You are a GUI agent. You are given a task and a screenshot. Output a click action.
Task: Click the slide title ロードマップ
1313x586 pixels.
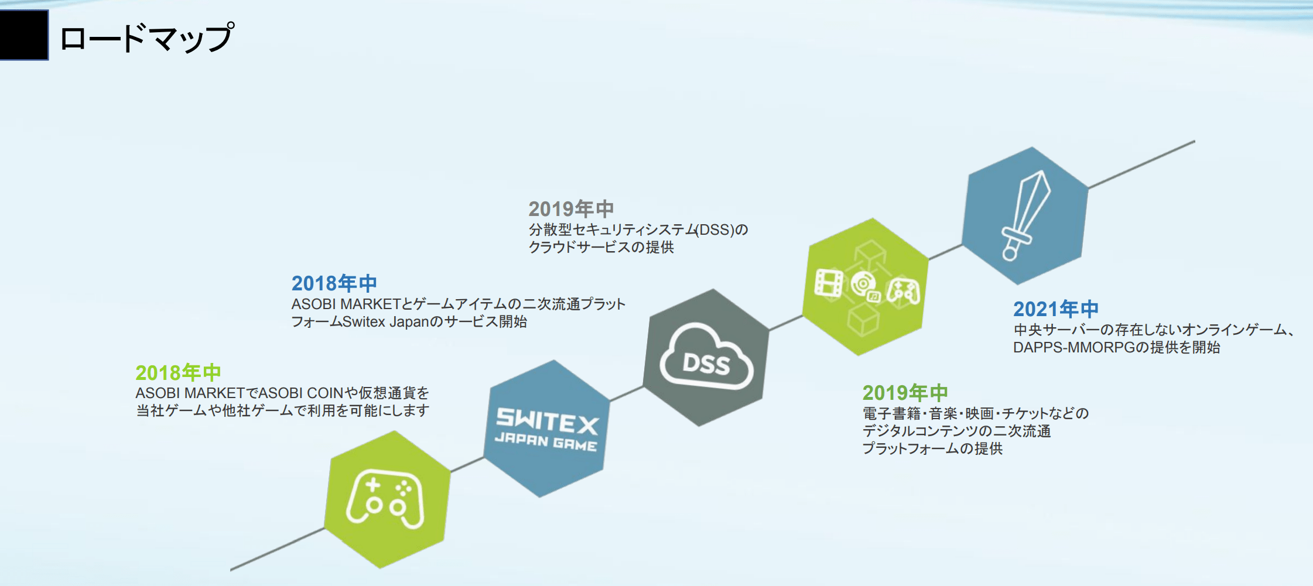click(147, 37)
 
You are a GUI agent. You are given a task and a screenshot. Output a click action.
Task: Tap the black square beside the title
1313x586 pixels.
click(24, 35)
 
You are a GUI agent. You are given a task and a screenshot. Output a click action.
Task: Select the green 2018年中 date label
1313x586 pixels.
click(178, 372)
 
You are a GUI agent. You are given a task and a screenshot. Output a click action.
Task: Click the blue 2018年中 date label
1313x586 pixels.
click(334, 283)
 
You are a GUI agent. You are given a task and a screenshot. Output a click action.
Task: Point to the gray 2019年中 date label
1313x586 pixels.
click(571, 208)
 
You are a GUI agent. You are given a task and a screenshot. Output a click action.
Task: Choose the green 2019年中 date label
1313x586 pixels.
click(905, 392)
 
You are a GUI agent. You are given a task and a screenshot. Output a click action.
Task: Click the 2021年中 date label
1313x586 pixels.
click(1056, 309)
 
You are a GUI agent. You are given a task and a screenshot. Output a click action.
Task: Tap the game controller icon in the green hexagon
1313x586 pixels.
click(385, 499)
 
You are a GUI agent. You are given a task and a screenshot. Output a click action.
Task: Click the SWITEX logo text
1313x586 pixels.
click(547, 421)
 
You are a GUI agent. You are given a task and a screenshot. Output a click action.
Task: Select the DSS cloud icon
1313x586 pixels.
click(706, 357)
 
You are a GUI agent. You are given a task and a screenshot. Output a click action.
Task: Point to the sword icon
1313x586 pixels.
click(1025, 215)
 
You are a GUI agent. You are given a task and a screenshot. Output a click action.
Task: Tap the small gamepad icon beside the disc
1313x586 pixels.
click(903, 292)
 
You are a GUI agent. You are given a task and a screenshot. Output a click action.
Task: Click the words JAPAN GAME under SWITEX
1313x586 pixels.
click(546, 442)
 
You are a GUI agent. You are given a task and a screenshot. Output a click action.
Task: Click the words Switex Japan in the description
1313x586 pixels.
click(386, 322)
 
